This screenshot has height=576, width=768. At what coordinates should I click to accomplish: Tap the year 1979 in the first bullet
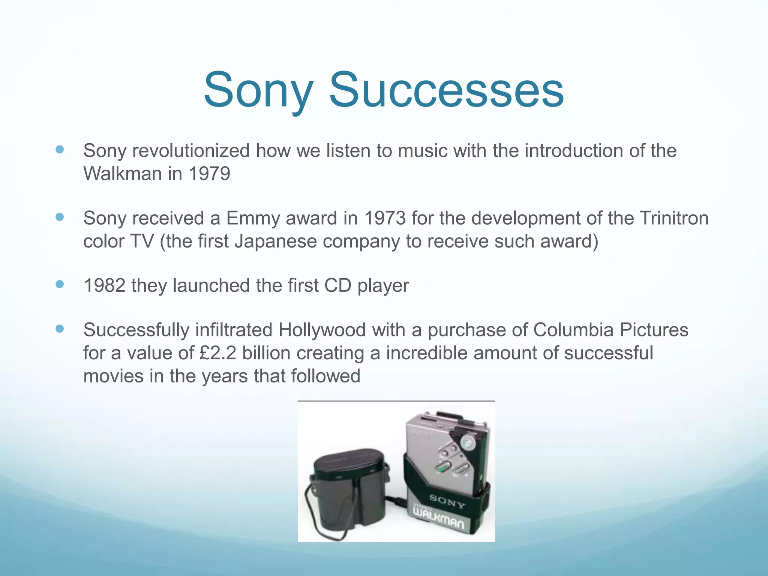[x=209, y=174]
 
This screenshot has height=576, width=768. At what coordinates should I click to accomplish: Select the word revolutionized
[x=191, y=151]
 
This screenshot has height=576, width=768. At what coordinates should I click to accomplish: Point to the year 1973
[x=385, y=218]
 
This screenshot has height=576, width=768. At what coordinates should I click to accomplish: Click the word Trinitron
[x=674, y=218]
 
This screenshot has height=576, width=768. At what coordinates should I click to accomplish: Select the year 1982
[x=105, y=285]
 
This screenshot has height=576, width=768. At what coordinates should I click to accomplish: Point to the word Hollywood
[x=322, y=330]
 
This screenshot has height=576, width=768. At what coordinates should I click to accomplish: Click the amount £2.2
[x=218, y=353]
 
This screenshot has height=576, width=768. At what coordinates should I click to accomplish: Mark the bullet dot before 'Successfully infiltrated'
[x=60, y=329]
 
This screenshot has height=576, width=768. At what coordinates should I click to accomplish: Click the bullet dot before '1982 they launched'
[x=60, y=284]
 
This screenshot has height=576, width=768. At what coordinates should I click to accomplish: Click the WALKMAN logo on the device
[x=438, y=516]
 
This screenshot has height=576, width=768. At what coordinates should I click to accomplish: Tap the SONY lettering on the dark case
[x=447, y=501]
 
